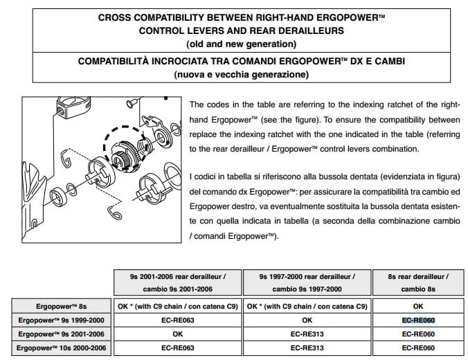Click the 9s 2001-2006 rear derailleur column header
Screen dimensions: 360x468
[177, 282]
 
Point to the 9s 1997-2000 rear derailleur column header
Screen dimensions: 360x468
[307, 282]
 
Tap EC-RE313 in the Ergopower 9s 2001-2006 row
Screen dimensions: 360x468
[307, 333]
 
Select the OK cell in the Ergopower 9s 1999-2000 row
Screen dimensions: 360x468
[307, 320]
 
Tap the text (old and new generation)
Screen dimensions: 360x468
[233, 44]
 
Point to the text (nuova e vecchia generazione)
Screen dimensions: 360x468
[233, 74]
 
